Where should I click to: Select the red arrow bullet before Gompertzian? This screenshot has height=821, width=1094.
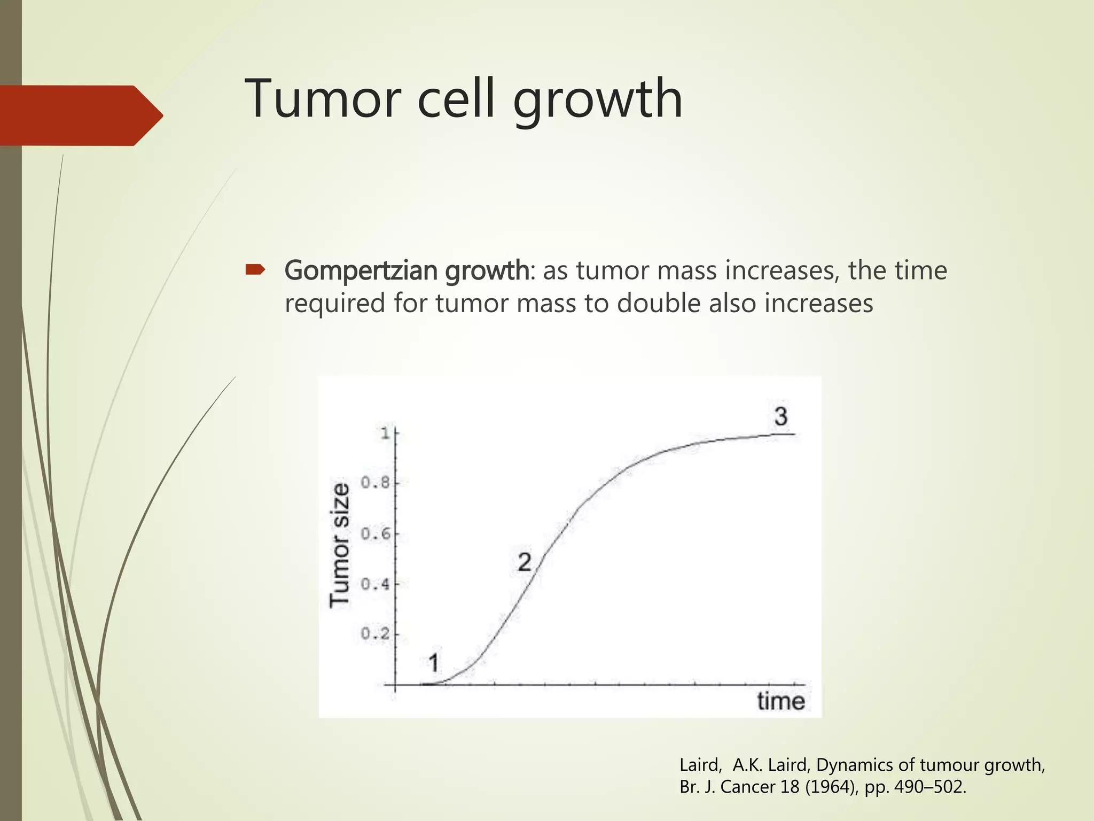(x=255, y=270)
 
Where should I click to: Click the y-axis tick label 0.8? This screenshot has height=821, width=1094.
(x=376, y=483)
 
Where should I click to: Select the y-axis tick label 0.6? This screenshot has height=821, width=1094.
(x=376, y=534)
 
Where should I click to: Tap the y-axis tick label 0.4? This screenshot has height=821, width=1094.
(x=376, y=584)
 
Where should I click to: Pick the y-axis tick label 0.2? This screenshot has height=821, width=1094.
(x=376, y=634)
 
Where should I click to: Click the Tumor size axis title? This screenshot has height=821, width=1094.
(x=340, y=545)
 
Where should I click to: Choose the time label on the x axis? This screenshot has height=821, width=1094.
(x=780, y=701)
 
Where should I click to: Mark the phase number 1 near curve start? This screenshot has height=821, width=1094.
(x=434, y=664)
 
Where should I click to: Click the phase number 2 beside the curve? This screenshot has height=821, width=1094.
(x=525, y=562)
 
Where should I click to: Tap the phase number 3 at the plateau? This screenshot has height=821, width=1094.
(x=781, y=416)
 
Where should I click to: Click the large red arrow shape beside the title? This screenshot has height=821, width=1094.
(x=80, y=115)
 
